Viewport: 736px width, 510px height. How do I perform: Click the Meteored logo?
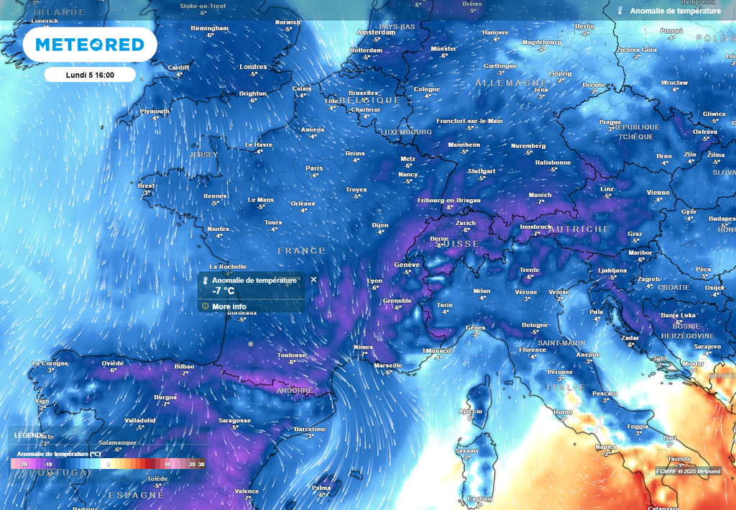(90, 45)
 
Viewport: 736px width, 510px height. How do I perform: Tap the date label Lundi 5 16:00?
(90, 75)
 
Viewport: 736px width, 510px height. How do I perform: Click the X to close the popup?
(313, 279)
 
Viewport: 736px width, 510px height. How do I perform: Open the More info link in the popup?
(229, 306)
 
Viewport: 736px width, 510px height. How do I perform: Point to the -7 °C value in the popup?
(223, 291)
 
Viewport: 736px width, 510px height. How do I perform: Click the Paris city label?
(314, 168)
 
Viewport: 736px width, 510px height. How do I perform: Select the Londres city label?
(253, 67)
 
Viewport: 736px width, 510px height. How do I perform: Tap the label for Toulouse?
(292, 355)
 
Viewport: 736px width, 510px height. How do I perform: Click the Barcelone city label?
(310, 429)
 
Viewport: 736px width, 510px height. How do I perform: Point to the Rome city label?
(563, 412)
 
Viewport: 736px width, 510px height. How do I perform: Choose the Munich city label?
(540, 195)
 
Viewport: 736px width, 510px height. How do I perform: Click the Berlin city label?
(585, 27)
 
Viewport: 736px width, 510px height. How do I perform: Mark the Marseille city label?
(389, 365)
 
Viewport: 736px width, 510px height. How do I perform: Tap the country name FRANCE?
(302, 250)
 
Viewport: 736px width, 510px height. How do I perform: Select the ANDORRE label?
(295, 391)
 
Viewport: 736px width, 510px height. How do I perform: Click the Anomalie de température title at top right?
(675, 11)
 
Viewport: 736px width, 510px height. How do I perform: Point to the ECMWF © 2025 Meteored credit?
(687, 471)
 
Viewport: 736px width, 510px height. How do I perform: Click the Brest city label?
(146, 186)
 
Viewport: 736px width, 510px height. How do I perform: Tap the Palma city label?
(321, 488)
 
